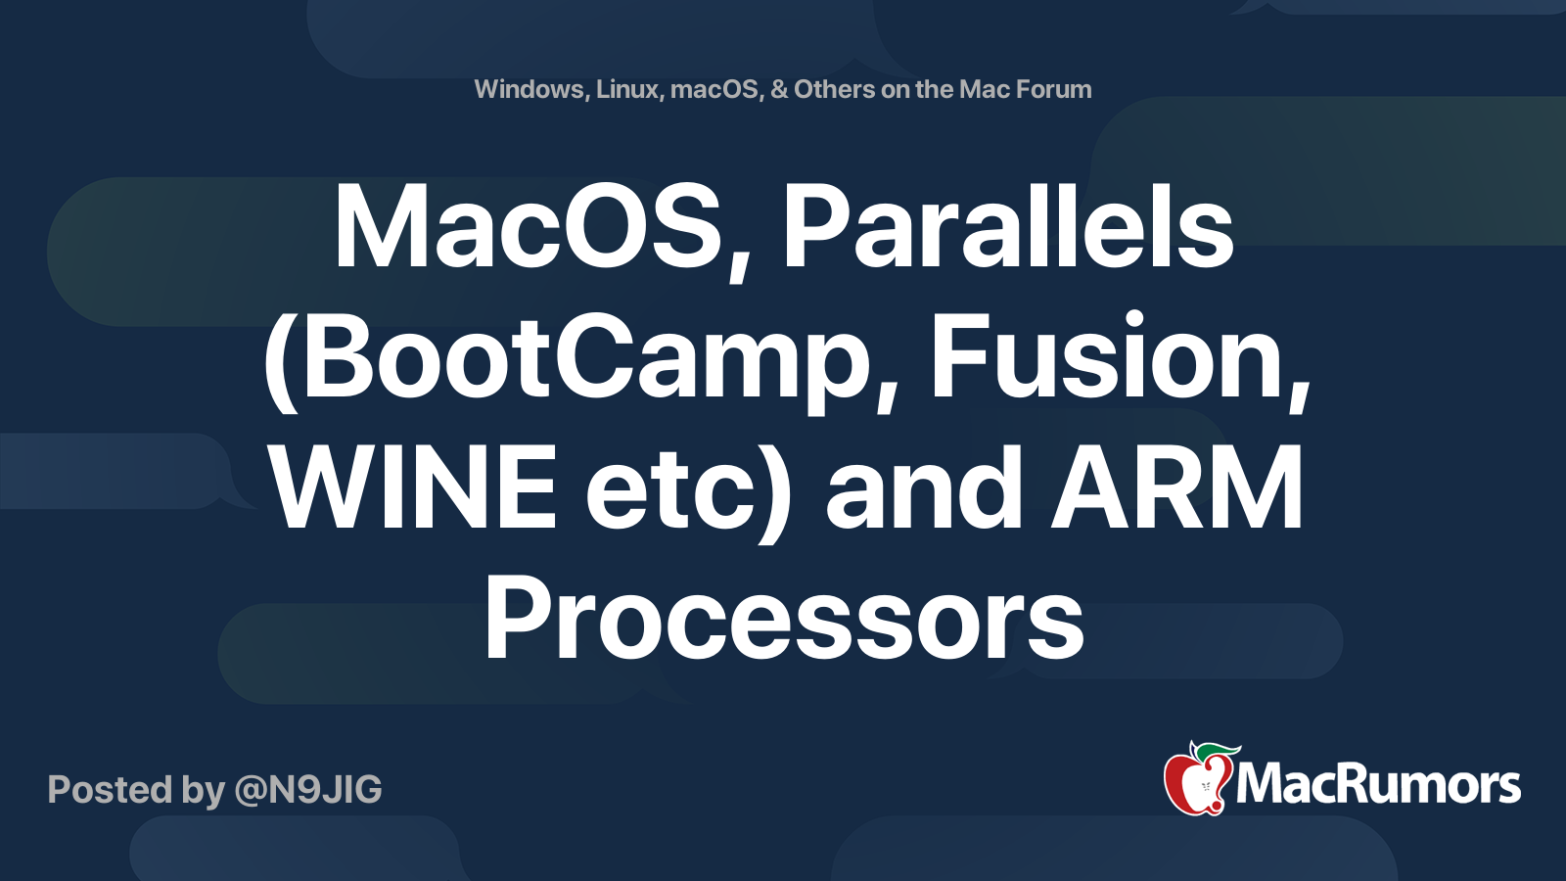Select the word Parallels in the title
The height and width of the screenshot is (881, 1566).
coord(1008,230)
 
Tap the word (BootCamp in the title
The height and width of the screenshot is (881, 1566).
coord(568,360)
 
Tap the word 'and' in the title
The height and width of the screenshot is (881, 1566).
coord(924,489)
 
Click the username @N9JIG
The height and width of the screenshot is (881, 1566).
coord(308,790)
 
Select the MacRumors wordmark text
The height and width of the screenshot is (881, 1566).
coord(1378,785)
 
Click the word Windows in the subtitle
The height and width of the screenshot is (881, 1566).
coord(529,89)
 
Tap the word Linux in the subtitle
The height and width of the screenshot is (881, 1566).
coord(628,89)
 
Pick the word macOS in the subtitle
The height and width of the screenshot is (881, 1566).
coord(714,89)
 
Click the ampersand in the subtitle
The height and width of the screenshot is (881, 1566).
coord(779,89)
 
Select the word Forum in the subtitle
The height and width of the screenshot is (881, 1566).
coord(1053,89)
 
